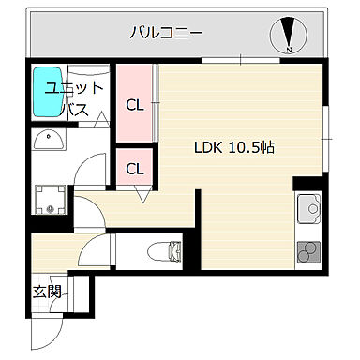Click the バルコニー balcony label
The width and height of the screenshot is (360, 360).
point(168,34)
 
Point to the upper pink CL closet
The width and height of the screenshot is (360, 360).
point(135,103)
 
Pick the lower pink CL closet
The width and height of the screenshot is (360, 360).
point(135,169)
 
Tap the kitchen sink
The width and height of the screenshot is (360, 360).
point(308,207)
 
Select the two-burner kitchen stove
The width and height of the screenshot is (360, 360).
point(308,250)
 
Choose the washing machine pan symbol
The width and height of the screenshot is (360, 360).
point(50,199)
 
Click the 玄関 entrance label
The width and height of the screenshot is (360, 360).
point(47,292)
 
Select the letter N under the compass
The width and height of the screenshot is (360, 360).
point(290,50)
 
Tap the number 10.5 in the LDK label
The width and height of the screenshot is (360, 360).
point(247,147)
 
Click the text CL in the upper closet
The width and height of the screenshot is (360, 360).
point(135,104)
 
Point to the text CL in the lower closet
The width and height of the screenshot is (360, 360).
point(135,169)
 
